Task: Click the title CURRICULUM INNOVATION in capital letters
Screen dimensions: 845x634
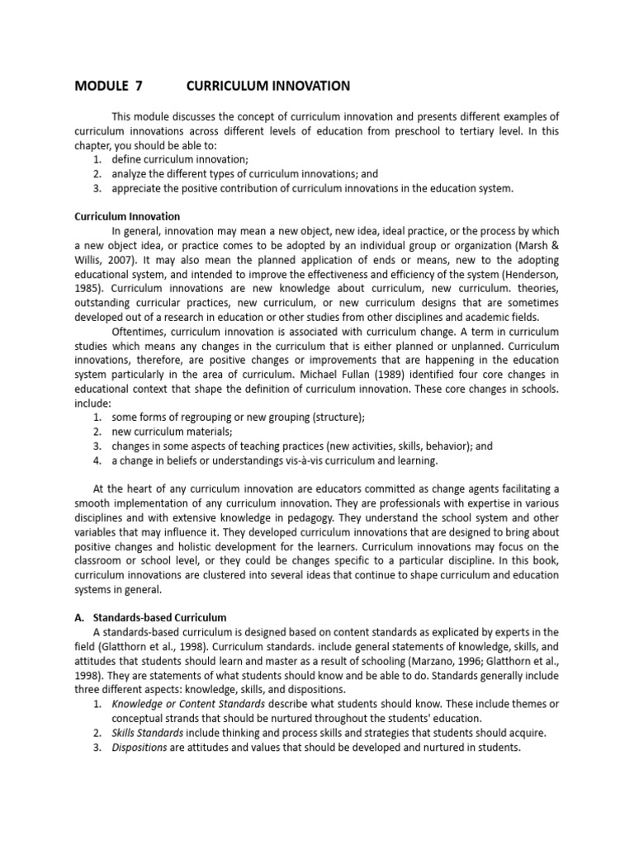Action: click(x=268, y=86)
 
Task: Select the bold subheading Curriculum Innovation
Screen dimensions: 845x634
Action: click(x=127, y=216)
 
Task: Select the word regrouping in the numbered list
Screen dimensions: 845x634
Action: click(x=203, y=417)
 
